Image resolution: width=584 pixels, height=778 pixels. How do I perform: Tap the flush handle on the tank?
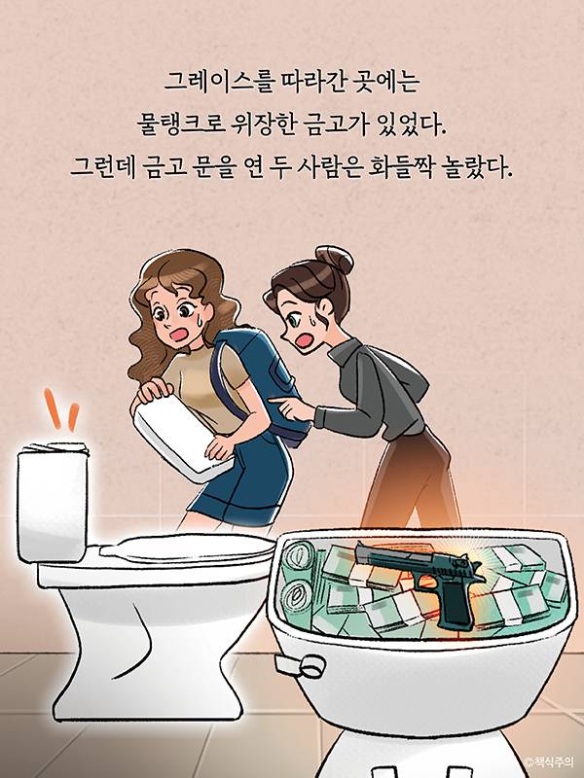[x=301, y=665]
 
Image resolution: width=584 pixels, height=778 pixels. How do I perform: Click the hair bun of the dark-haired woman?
[x=334, y=260]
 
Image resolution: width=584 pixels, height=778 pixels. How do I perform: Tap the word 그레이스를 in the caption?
[x=218, y=82]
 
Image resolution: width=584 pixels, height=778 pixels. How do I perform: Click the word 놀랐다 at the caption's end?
[x=475, y=167]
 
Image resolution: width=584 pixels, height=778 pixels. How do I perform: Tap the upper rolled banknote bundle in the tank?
[x=298, y=557]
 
